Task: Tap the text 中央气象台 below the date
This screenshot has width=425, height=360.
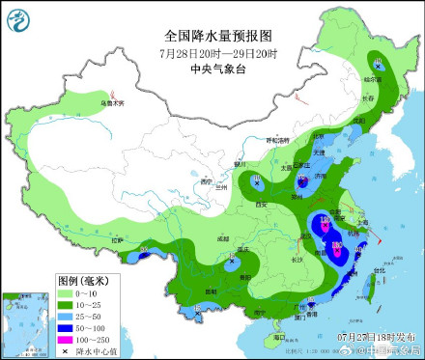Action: coord(213,69)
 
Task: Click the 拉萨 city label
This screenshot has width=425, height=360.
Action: coord(118,238)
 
